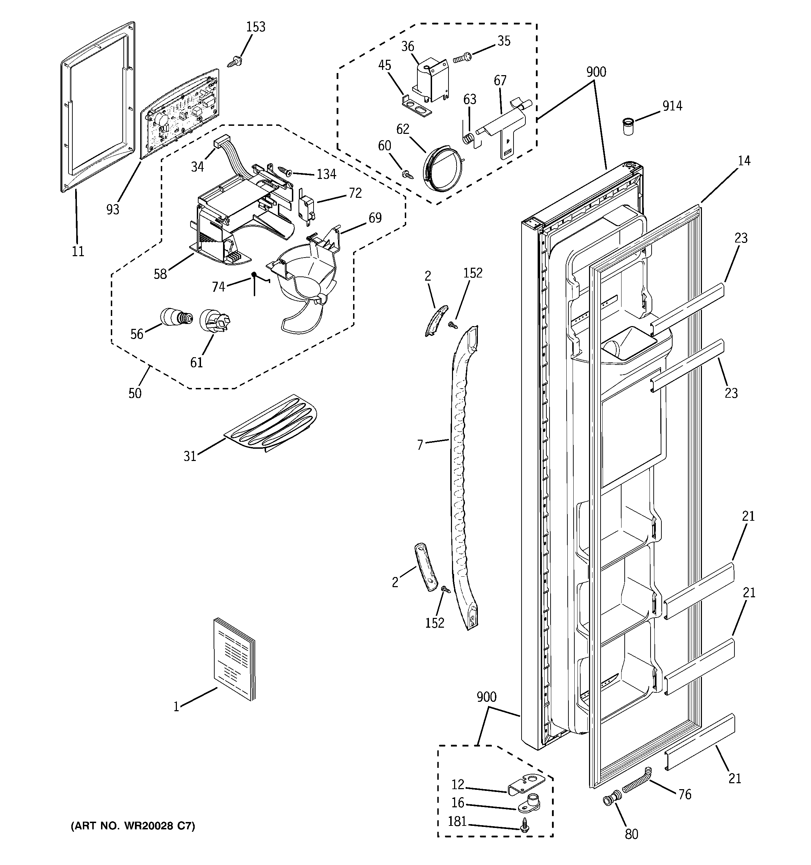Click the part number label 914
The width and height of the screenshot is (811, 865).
tap(672, 106)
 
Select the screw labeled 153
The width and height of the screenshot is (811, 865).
tap(235, 62)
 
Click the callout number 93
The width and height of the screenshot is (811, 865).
tap(113, 210)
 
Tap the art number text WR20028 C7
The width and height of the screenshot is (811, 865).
tap(133, 826)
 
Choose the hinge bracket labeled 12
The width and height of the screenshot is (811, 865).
tap(527, 784)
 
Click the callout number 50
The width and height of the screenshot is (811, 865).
tap(135, 393)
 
